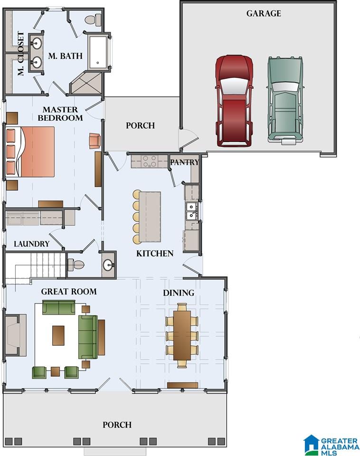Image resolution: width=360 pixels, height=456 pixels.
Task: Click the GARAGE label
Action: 264,13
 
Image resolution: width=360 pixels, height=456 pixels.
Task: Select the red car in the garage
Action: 234,101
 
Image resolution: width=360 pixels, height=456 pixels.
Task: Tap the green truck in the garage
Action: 285,100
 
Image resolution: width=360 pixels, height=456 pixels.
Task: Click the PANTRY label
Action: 185,162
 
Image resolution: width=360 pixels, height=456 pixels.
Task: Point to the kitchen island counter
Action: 150,217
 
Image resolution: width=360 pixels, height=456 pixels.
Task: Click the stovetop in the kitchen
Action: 150,161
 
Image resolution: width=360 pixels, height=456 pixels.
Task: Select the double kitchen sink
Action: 192,211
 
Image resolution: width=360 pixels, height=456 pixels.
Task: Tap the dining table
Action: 182,335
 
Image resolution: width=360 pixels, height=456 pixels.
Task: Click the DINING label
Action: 179,293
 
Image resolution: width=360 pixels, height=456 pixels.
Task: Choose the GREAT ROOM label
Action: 69,291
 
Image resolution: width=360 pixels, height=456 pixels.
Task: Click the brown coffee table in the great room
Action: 58,335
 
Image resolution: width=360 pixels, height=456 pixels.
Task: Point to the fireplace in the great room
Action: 16,335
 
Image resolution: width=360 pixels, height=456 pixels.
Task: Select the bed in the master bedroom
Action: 30,152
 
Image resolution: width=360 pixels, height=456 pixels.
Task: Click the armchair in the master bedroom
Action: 95,141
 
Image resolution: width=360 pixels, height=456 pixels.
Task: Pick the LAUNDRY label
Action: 32,244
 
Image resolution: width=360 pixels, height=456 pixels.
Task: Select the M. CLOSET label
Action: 20,54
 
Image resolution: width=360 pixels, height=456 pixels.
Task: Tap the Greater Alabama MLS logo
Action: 332,445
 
